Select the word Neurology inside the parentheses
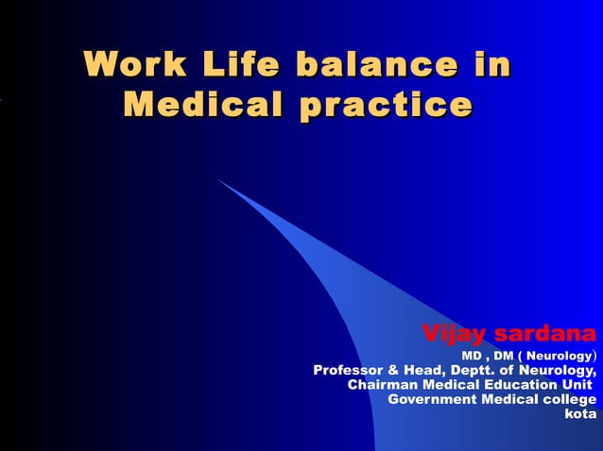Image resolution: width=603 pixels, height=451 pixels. click(558, 356)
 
